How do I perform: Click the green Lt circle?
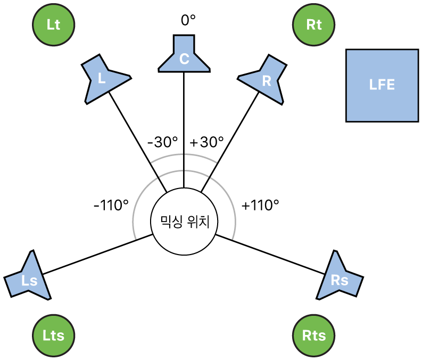(53, 25)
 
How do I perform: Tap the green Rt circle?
(315, 25)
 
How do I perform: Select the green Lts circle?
(53, 335)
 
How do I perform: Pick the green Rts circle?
(315, 335)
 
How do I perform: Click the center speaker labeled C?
(184, 55)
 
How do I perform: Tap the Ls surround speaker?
(30, 277)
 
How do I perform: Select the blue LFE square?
(382, 85)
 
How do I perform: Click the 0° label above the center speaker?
(188, 20)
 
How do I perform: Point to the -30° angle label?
(162, 142)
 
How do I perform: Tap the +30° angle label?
(206, 142)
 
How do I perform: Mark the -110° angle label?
(111, 205)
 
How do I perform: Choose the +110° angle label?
(260, 205)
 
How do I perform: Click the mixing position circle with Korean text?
(184, 222)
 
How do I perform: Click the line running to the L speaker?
(138, 142)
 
